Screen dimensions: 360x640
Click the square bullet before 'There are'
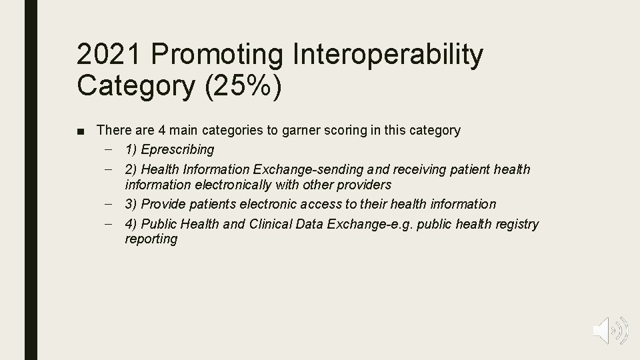(81, 131)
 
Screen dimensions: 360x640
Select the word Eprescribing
(178, 149)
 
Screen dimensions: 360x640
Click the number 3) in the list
(131, 204)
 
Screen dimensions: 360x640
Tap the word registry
(515, 224)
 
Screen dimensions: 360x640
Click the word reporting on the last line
(151, 239)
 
